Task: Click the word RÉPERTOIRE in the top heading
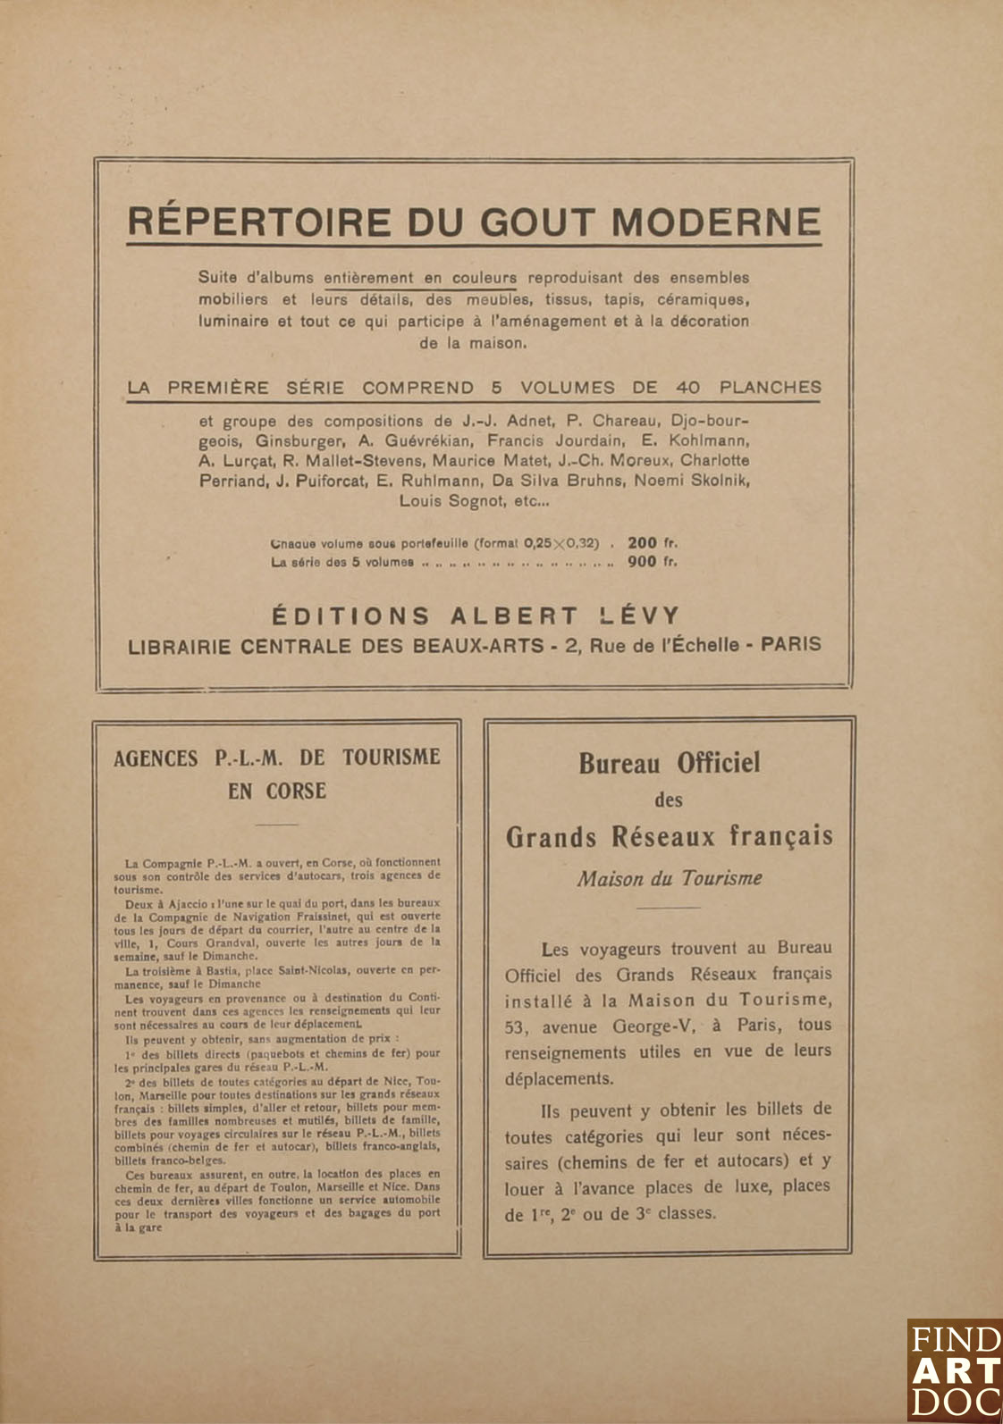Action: (260, 222)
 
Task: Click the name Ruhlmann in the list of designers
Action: (439, 481)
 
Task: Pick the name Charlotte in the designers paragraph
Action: (714, 460)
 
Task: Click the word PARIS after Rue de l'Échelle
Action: (790, 644)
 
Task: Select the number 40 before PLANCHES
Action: (687, 388)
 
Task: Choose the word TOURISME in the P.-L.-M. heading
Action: (392, 758)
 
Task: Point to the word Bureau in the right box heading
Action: (619, 763)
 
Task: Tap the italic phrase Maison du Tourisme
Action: (669, 878)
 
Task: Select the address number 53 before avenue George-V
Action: (516, 1026)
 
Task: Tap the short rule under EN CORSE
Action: (277, 825)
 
